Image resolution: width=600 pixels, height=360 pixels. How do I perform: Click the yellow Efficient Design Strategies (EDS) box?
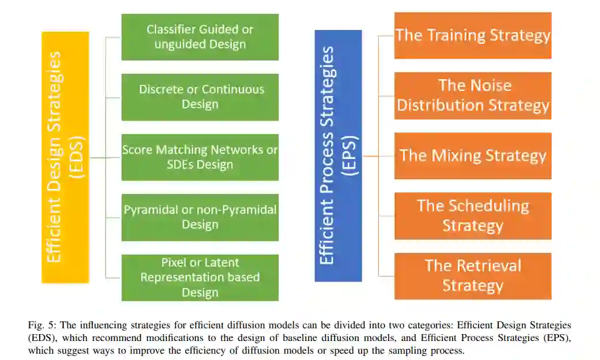[65, 157]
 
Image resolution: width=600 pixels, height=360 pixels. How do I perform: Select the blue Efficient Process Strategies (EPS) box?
[338, 156]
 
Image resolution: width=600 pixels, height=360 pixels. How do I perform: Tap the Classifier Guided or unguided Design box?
[200, 37]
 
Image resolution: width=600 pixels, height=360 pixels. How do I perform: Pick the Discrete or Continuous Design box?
[200, 97]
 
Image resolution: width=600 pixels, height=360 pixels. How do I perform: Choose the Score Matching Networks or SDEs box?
[200, 157]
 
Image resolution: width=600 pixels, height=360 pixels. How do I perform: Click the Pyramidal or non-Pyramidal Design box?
[200, 217]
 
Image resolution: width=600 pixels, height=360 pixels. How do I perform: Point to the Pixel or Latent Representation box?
[200, 278]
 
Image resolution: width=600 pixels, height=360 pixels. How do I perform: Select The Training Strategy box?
[473, 35]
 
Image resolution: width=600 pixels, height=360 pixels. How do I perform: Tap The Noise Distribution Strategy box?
[473, 96]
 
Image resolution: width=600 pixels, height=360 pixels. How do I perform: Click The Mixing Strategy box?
[473, 156]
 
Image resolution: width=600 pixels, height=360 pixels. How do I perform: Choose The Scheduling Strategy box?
[473, 216]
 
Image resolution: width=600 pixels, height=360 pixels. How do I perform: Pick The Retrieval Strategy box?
[473, 276]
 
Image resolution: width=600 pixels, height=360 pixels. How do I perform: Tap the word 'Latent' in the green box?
[222, 263]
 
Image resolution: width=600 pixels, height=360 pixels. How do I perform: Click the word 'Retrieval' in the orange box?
[489, 266]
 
